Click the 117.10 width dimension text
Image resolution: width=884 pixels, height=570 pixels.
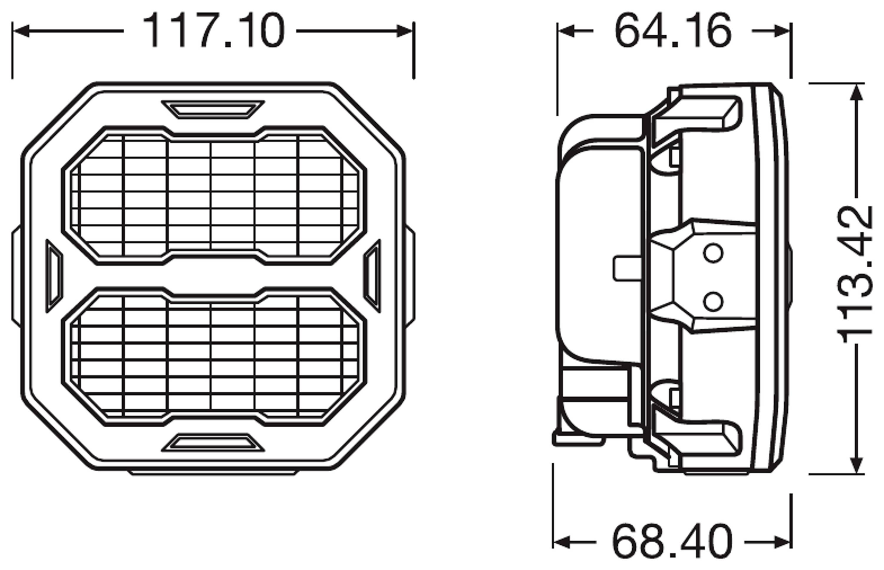point(214,30)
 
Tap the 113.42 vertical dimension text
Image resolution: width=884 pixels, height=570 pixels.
point(855,275)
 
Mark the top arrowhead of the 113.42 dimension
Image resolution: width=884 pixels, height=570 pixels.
point(857,93)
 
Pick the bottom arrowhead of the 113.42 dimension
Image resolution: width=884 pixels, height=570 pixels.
point(857,464)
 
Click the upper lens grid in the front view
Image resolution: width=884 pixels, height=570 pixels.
point(214,195)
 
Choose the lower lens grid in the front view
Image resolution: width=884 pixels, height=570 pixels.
point(214,356)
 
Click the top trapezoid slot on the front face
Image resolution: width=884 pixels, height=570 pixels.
point(213,110)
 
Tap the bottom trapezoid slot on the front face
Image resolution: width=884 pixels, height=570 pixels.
point(213,443)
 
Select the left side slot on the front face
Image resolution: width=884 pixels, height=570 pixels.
point(54,276)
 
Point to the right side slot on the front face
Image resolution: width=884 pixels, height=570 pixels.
point(372,276)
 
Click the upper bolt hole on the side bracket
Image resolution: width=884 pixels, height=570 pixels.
point(713,253)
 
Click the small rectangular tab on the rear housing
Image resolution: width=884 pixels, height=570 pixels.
point(627,268)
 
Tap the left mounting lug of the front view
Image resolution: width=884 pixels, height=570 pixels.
point(16,276)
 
